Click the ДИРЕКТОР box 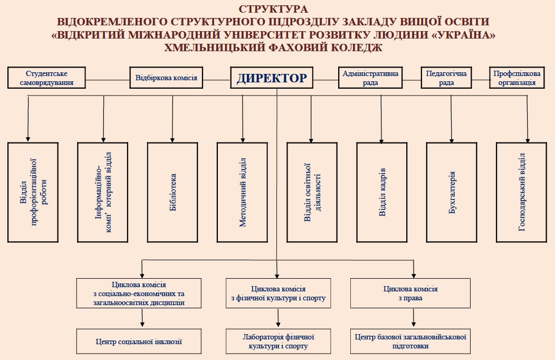[272, 78]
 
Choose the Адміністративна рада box [370, 78]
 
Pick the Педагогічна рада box [446, 78]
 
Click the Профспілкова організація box [517, 78]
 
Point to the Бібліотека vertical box [173, 192]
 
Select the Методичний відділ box [243, 192]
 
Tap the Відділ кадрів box [382, 192]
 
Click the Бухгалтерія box [453, 192]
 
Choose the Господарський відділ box [522, 192]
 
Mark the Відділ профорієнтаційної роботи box [33, 192]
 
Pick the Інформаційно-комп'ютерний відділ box [102, 192]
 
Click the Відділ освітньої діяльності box [312, 192]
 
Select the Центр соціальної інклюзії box [139, 342]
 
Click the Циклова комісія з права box [410, 293]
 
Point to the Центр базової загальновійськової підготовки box [410, 342]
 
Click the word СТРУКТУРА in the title [272, 9]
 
